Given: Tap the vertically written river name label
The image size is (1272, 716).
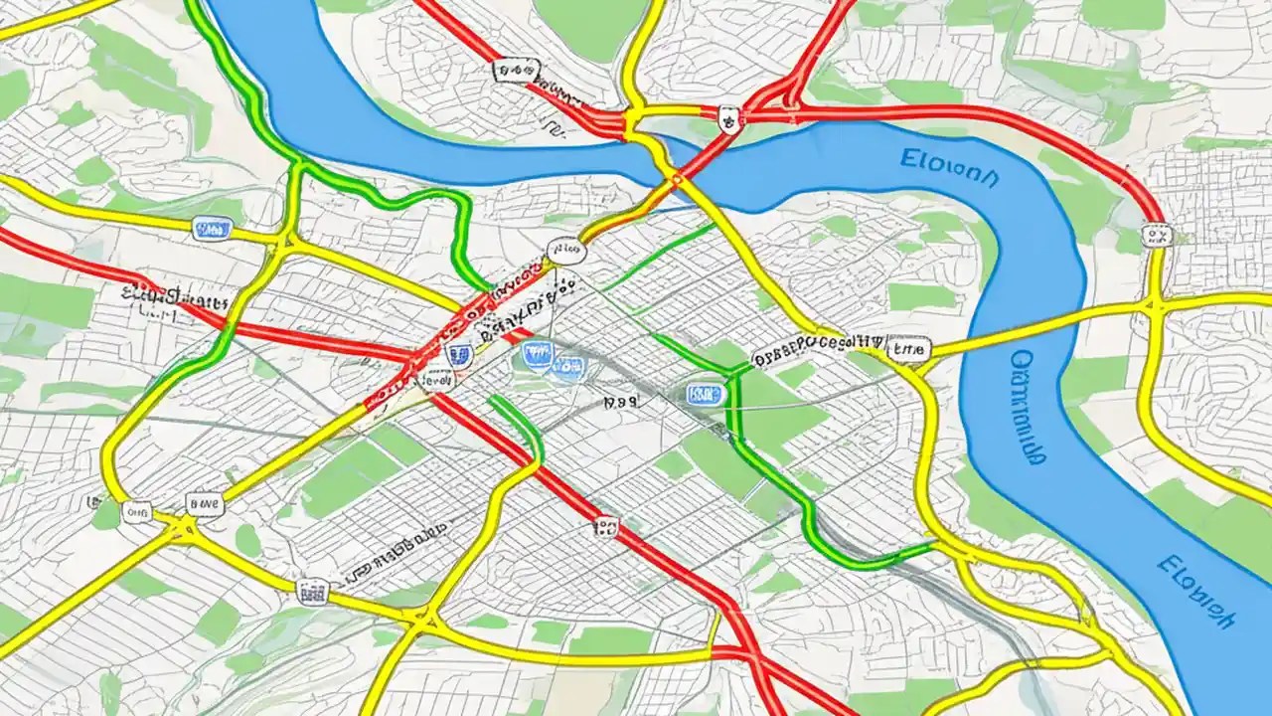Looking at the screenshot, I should coord(1027,407).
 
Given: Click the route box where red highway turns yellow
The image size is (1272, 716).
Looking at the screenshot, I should coord(1156,236).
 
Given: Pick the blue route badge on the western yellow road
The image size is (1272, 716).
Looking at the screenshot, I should coord(211,230).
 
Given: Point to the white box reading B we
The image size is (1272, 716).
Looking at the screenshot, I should coord(207,504).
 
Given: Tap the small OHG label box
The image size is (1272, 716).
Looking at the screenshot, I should coord(135,512).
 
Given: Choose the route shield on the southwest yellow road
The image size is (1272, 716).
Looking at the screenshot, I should coord(312,590).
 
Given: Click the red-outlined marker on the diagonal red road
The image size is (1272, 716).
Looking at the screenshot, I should coord(604,524).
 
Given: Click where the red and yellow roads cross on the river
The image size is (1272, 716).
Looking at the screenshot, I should coord(676,179).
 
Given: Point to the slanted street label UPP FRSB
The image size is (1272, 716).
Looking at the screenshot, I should coord(393,558).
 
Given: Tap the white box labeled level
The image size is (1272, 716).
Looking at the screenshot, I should coord(435,379).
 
